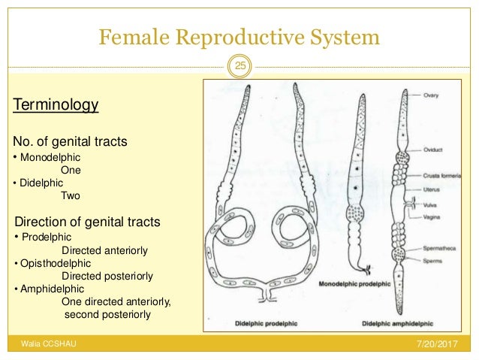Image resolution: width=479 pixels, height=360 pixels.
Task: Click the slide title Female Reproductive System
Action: [x=239, y=36]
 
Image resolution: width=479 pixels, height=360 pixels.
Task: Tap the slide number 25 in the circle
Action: [x=240, y=68]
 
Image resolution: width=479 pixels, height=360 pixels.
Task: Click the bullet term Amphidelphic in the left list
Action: [x=52, y=289]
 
